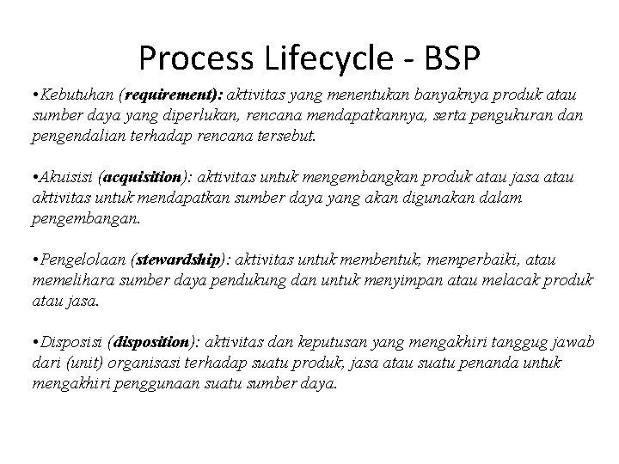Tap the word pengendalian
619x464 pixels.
(76, 137)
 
